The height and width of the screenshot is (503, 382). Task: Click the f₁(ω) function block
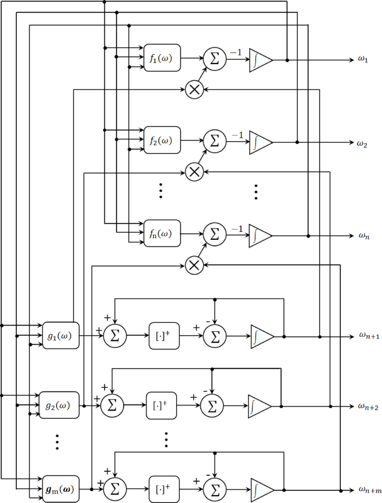click(x=162, y=58)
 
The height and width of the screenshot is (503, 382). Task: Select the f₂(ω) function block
click(x=162, y=141)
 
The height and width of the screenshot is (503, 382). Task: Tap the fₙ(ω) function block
click(x=162, y=234)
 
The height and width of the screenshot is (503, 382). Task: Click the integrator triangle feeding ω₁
click(x=260, y=59)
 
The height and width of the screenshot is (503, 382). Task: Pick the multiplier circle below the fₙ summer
click(x=194, y=264)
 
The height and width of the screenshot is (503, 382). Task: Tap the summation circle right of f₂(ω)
click(x=214, y=141)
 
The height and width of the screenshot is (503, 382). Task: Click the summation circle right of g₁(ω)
click(x=115, y=336)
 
